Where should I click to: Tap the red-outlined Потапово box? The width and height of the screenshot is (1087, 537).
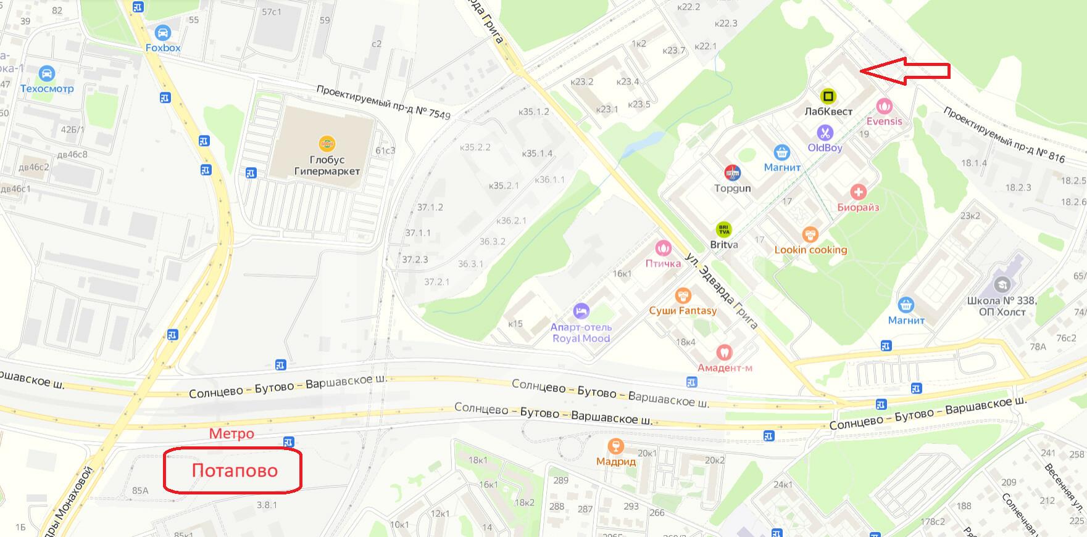pos(233,470)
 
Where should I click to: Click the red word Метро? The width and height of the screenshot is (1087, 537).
pos(231,433)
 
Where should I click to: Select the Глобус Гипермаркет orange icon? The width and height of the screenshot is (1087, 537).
pos(327,144)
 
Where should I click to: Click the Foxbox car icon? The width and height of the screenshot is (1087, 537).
pos(163,32)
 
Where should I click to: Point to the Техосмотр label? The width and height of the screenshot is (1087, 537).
pos(47,88)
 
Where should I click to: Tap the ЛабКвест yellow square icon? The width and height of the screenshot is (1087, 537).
pos(828,96)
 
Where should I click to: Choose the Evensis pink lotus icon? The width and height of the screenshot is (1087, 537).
pos(885,106)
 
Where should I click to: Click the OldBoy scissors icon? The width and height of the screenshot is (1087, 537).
pos(825,133)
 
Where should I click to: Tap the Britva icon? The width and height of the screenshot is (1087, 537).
pos(724,229)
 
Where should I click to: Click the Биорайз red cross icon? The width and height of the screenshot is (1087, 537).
pos(858,192)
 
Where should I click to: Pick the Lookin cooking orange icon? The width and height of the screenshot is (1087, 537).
pos(810,234)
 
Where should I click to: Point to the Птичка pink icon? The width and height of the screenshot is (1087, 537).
pos(663,248)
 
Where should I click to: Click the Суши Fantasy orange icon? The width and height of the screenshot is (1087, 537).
pos(683,296)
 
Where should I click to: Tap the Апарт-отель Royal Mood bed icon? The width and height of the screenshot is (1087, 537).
pos(581,311)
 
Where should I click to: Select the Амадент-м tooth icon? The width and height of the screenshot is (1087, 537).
pos(724,353)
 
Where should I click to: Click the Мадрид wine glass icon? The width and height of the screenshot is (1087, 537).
pos(615,446)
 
